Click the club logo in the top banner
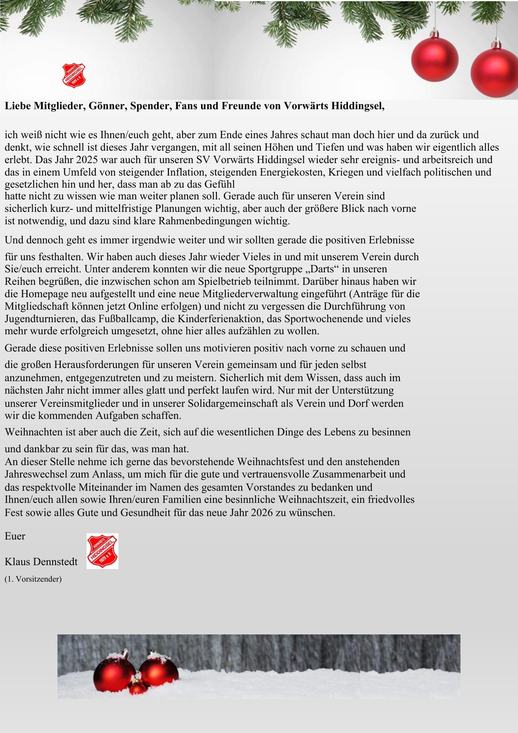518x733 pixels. [74, 76]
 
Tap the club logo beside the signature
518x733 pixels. [102, 551]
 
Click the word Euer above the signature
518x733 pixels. [15, 536]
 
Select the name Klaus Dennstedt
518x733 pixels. [41, 562]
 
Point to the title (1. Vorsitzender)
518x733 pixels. [33, 579]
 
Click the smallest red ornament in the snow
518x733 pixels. [138, 687]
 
